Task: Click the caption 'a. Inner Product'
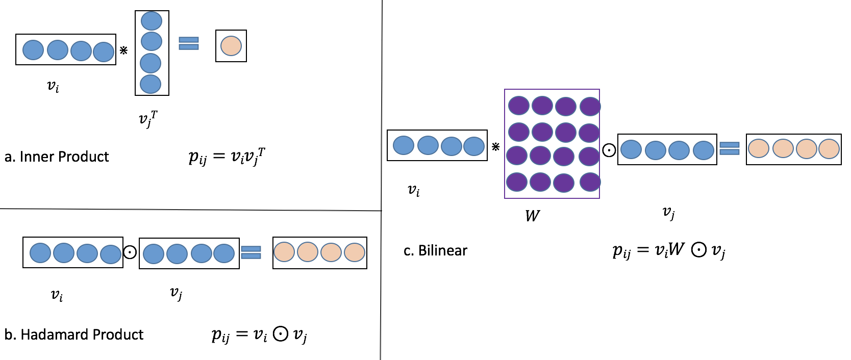(57, 157)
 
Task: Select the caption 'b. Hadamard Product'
(74, 335)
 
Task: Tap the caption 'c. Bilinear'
(435, 250)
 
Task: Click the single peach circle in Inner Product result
(231, 46)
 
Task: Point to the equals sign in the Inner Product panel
(189, 43)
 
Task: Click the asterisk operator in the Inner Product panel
(123, 50)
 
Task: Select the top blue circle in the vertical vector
(152, 21)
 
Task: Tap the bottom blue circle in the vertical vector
(151, 84)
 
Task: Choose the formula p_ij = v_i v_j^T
(227, 156)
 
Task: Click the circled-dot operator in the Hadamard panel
(130, 252)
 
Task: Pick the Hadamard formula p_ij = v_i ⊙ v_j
(259, 335)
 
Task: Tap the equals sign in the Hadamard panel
(251, 252)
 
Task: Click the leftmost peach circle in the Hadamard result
(284, 252)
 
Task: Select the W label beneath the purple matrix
(532, 216)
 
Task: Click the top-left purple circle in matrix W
(519, 106)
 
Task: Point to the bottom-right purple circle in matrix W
(590, 182)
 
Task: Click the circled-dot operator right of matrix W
(609, 150)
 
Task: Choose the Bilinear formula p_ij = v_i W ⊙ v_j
(669, 250)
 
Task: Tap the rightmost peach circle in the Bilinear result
(829, 149)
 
